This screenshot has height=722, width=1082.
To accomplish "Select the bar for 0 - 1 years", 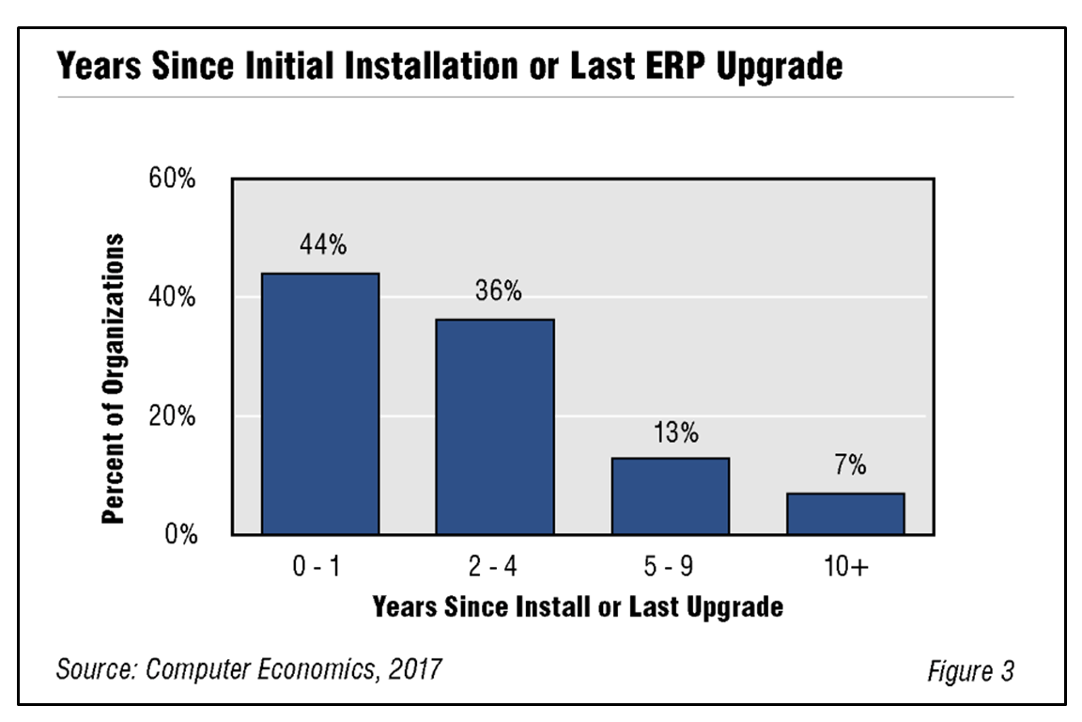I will click(x=320, y=404).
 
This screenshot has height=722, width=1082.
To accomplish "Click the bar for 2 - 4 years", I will click(x=495, y=427).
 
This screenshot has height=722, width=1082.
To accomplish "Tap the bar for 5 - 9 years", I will click(x=670, y=495).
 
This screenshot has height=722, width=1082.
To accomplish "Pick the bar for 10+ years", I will click(x=845, y=513).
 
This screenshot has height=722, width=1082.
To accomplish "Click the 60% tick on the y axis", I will click(x=172, y=179).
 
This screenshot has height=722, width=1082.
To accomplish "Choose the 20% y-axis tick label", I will click(x=172, y=416).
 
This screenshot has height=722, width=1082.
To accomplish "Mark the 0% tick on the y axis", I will click(x=178, y=535).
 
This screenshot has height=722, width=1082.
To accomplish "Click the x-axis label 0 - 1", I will click(x=319, y=569).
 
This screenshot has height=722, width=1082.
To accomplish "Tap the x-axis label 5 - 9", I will click(x=671, y=569).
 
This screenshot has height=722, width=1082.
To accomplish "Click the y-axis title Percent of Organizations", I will click(x=114, y=379).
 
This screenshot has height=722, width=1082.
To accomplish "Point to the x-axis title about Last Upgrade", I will click(x=577, y=606).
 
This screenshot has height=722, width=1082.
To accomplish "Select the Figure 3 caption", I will click(x=970, y=671).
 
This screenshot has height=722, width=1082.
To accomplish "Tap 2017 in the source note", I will click(x=413, y=669).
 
